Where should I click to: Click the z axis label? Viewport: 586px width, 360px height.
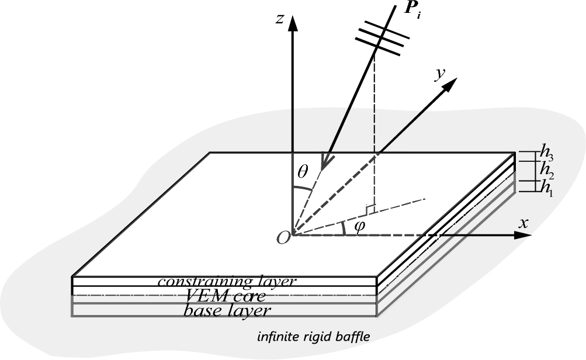coord(280,19)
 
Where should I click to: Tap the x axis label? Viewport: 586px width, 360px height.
coord(523,223)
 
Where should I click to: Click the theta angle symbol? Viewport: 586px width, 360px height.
coord(303,172)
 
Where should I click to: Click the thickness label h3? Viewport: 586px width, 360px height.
coord(546,157)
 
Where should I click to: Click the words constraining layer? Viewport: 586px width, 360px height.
coord(227,281)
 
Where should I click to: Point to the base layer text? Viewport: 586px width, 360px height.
coord(227,310)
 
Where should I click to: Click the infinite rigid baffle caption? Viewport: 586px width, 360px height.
coord(313,337)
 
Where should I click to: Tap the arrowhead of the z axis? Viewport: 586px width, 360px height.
coord(293,23)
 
